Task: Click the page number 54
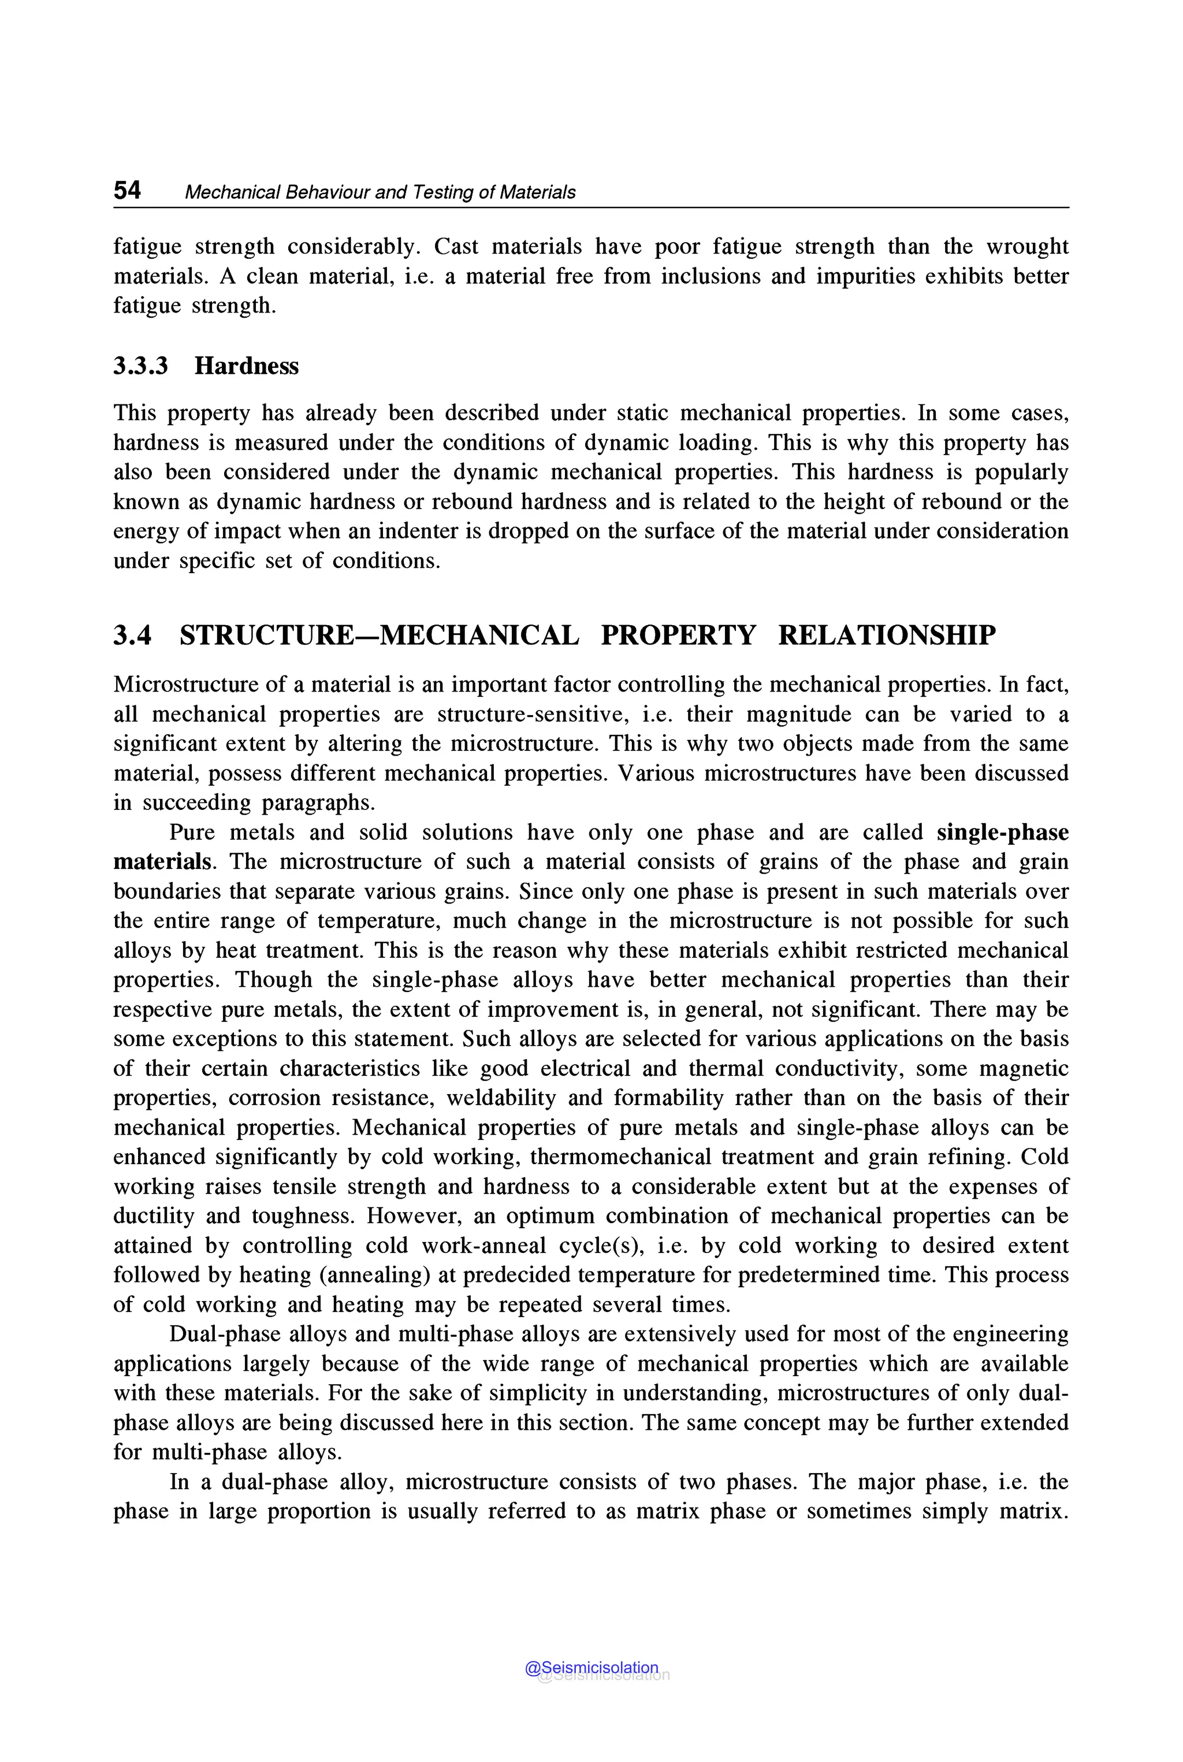(x=127, y=190)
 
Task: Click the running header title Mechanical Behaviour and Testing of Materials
(x=380, y=192)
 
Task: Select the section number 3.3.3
(x=140, y=366)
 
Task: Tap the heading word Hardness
(x=246, y=366)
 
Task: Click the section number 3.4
(x=132, y=635)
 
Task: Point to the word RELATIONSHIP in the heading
(x=887, y=635)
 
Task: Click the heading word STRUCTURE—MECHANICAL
(x=379, y=635)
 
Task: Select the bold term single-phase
(x=1002, y=832)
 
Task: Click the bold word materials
(x=162, y=862)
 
